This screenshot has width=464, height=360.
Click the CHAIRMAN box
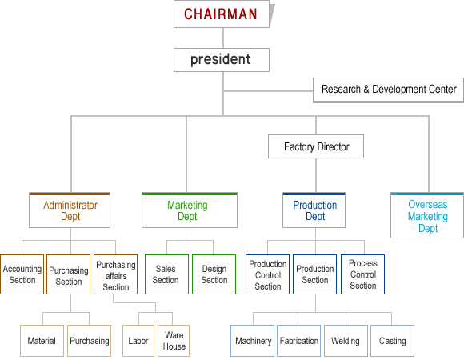tap(222, 14)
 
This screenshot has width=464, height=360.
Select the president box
tap(222, 60)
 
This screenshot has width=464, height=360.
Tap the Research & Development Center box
tap(388, 90)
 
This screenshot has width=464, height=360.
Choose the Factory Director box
tap(316, 146)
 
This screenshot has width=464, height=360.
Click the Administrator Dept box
tap(70, 210)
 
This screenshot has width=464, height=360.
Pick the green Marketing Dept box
tap(190, 210)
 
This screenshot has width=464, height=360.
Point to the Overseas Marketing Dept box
tap(427, 215)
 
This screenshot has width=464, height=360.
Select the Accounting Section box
tap(22, 274)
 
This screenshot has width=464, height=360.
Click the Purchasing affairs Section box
tap(116, 274)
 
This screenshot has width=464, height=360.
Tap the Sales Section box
tap(166, 274)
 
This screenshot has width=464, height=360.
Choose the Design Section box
tap(214, 274)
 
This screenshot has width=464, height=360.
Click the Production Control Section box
tap(267, 274)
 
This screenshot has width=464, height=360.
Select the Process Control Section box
tap(362, 274)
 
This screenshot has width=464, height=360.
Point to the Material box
tap(42, 341)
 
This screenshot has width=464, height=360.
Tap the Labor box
tap(138, 341)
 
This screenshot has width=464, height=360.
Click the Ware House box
tap(174, 341)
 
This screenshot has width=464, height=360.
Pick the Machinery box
tap(253, 341)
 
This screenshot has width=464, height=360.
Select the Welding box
tap(346, 341)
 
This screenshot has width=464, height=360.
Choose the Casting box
tap(392, 341)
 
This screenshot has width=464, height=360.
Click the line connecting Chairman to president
tap(223, 38)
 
